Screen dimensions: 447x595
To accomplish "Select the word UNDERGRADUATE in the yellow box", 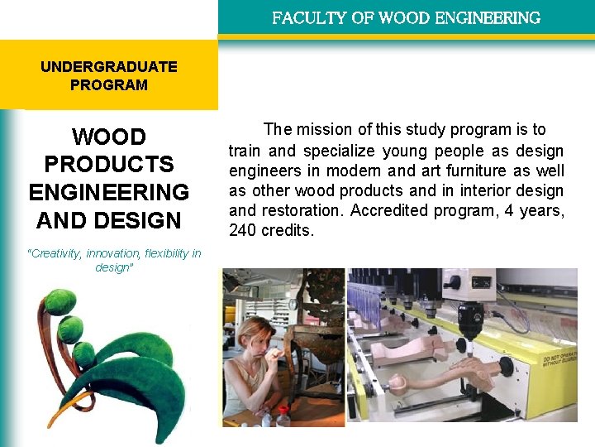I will [109, 67].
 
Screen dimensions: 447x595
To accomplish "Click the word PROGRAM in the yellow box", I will [109, 85].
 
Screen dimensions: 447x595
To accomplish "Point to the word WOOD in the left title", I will [109, 137].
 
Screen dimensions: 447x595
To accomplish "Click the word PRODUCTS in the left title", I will [109, 165].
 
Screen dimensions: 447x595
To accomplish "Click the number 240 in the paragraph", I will [243, 231].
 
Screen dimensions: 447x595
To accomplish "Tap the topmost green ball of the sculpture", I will [60, 301].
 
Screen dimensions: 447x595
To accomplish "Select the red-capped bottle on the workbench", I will [283, 416].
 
